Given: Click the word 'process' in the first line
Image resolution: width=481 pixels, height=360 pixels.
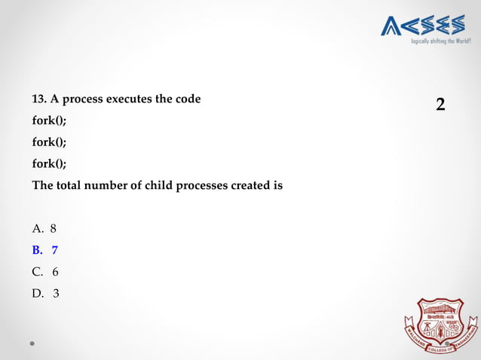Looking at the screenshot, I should [x=82, y=99].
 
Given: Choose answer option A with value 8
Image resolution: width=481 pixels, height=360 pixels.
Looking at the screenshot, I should [x=44, y=227].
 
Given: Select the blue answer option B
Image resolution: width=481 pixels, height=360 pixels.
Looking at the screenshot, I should [x=44, y=249].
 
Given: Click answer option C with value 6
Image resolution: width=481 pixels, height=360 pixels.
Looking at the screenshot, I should [x=44, y=271].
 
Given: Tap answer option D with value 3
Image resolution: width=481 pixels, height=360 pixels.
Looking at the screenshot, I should [x=44, y=293].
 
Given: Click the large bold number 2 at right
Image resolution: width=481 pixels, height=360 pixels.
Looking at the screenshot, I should [x=441, y=105].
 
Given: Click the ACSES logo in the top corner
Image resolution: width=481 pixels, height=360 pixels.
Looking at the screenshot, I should [x=422, y=26].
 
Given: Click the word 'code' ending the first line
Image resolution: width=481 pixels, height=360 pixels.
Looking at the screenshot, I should [x=188, y=99].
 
